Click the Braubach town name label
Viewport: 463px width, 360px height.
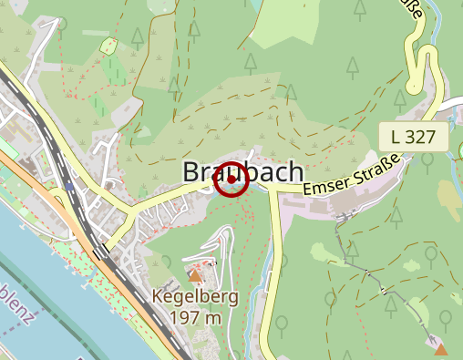242,171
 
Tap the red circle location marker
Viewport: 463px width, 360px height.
232,179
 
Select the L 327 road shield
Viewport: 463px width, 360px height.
415,138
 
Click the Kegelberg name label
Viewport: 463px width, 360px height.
195,297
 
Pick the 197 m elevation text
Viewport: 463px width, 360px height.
195,317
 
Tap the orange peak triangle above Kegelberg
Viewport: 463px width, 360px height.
194,274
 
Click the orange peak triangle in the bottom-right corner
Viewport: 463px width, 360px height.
441,348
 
